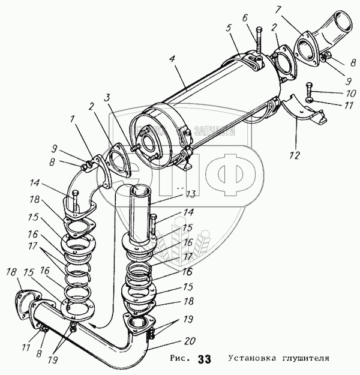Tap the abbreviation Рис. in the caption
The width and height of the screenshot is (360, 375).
click(181, 360)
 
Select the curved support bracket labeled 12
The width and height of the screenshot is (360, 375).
click(307, 113)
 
